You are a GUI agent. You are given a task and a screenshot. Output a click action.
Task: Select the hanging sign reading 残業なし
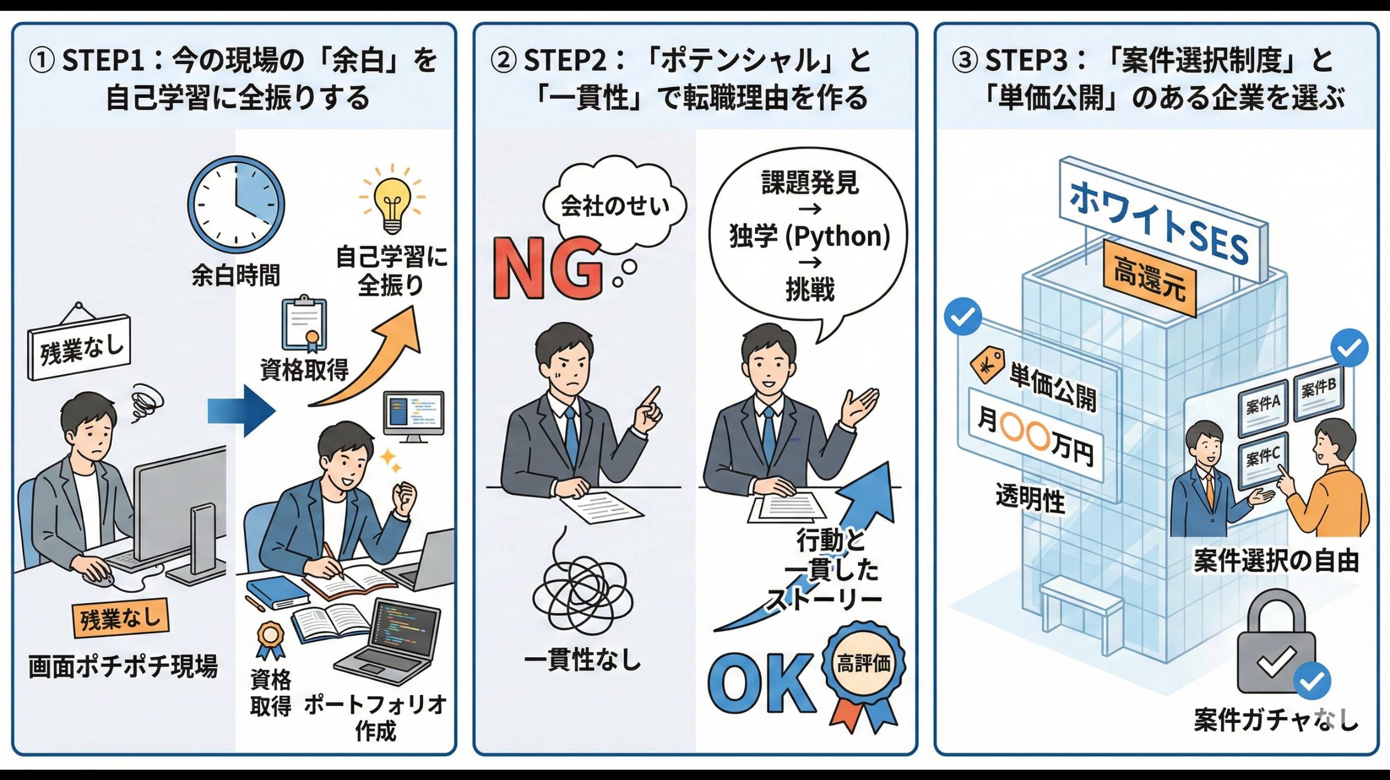pos(80,348)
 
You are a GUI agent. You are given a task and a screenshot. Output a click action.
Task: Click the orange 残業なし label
pos(121,618)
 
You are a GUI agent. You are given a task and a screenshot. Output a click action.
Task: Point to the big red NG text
pos(547,268)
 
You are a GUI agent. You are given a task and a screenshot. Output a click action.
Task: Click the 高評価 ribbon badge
pos(863,665)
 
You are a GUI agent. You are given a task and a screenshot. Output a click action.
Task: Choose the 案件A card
pos(1262,405)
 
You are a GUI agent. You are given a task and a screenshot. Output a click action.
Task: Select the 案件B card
pos(1318,389)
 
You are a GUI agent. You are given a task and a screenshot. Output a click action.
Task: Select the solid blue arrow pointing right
pos(242,411)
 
